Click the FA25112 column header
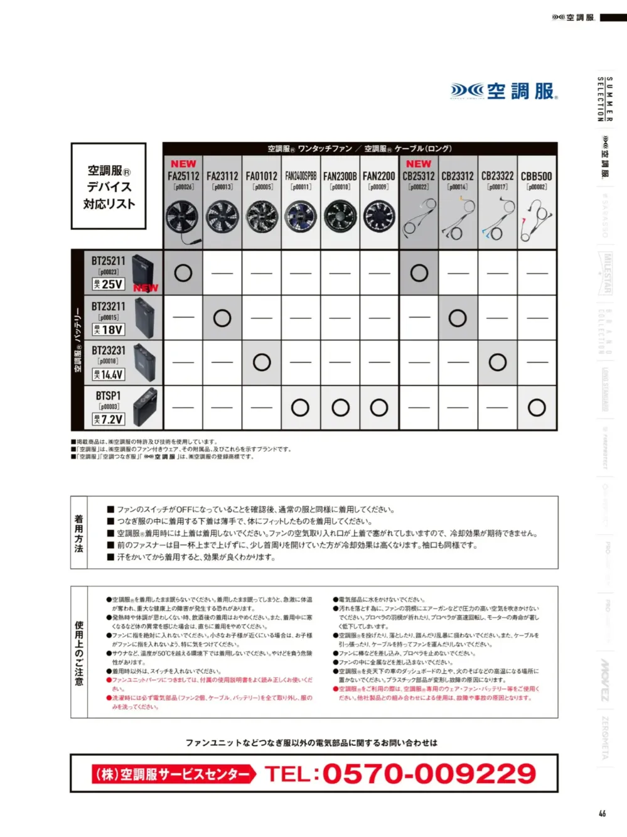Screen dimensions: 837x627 (x=183, y=176)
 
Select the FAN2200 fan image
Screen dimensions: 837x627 (x=379, y=217)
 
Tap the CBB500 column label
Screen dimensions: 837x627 (x=537, y=176)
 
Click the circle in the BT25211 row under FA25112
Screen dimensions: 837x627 (x=183, y=273)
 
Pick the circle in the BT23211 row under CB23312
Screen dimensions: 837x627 (x=458, y=318)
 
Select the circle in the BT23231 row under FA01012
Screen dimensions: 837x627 (x=262, y=362)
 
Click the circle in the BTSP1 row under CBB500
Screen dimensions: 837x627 (x=537, y=408)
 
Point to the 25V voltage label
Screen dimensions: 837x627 (x=109, y=284)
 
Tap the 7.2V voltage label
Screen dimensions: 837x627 (x=109, y=419)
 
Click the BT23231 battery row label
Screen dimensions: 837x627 (x=109, y=351)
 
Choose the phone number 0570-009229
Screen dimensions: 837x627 (x=429, y=774)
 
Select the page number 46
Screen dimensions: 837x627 (x=602, y=813)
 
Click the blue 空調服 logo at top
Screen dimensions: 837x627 (x=504, y=92)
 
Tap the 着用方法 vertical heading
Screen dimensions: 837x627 (x=79, y=533)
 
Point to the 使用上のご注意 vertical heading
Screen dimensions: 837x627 (x=79, y=653)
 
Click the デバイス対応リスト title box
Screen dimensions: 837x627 (x=109, y=186)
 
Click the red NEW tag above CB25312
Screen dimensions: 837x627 (x=419, y=164)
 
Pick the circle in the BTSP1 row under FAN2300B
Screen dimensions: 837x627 (x=340, y=408)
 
